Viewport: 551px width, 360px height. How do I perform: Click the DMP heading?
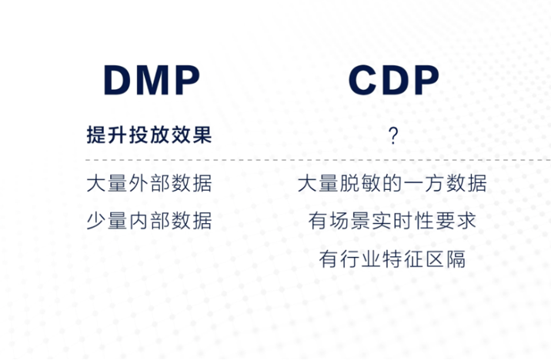click(x=152, y=80)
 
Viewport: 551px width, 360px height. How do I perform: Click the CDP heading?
click(x=393, y=80)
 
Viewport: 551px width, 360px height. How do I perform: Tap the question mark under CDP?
click(x=393, y=137)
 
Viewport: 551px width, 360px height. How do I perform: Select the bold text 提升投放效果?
click(x=149, y=136)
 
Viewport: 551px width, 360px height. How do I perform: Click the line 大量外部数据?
click(x=149, y=184)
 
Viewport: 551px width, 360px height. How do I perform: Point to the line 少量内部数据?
click(x=149, y=222)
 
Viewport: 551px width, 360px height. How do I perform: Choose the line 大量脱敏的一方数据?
click(x=392, y=184)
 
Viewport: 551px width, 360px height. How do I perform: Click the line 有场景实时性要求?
click(x=392, y=222)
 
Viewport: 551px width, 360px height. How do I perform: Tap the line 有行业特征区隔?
click(x=392, y=258)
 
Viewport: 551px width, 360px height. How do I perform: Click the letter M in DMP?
click(x=152, y=80)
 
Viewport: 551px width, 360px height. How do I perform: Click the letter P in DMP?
click(x=185, y=80)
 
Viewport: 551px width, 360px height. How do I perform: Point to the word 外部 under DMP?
click(x=149, y=184)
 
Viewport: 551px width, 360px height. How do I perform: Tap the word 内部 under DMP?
click(x=149, y=222)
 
